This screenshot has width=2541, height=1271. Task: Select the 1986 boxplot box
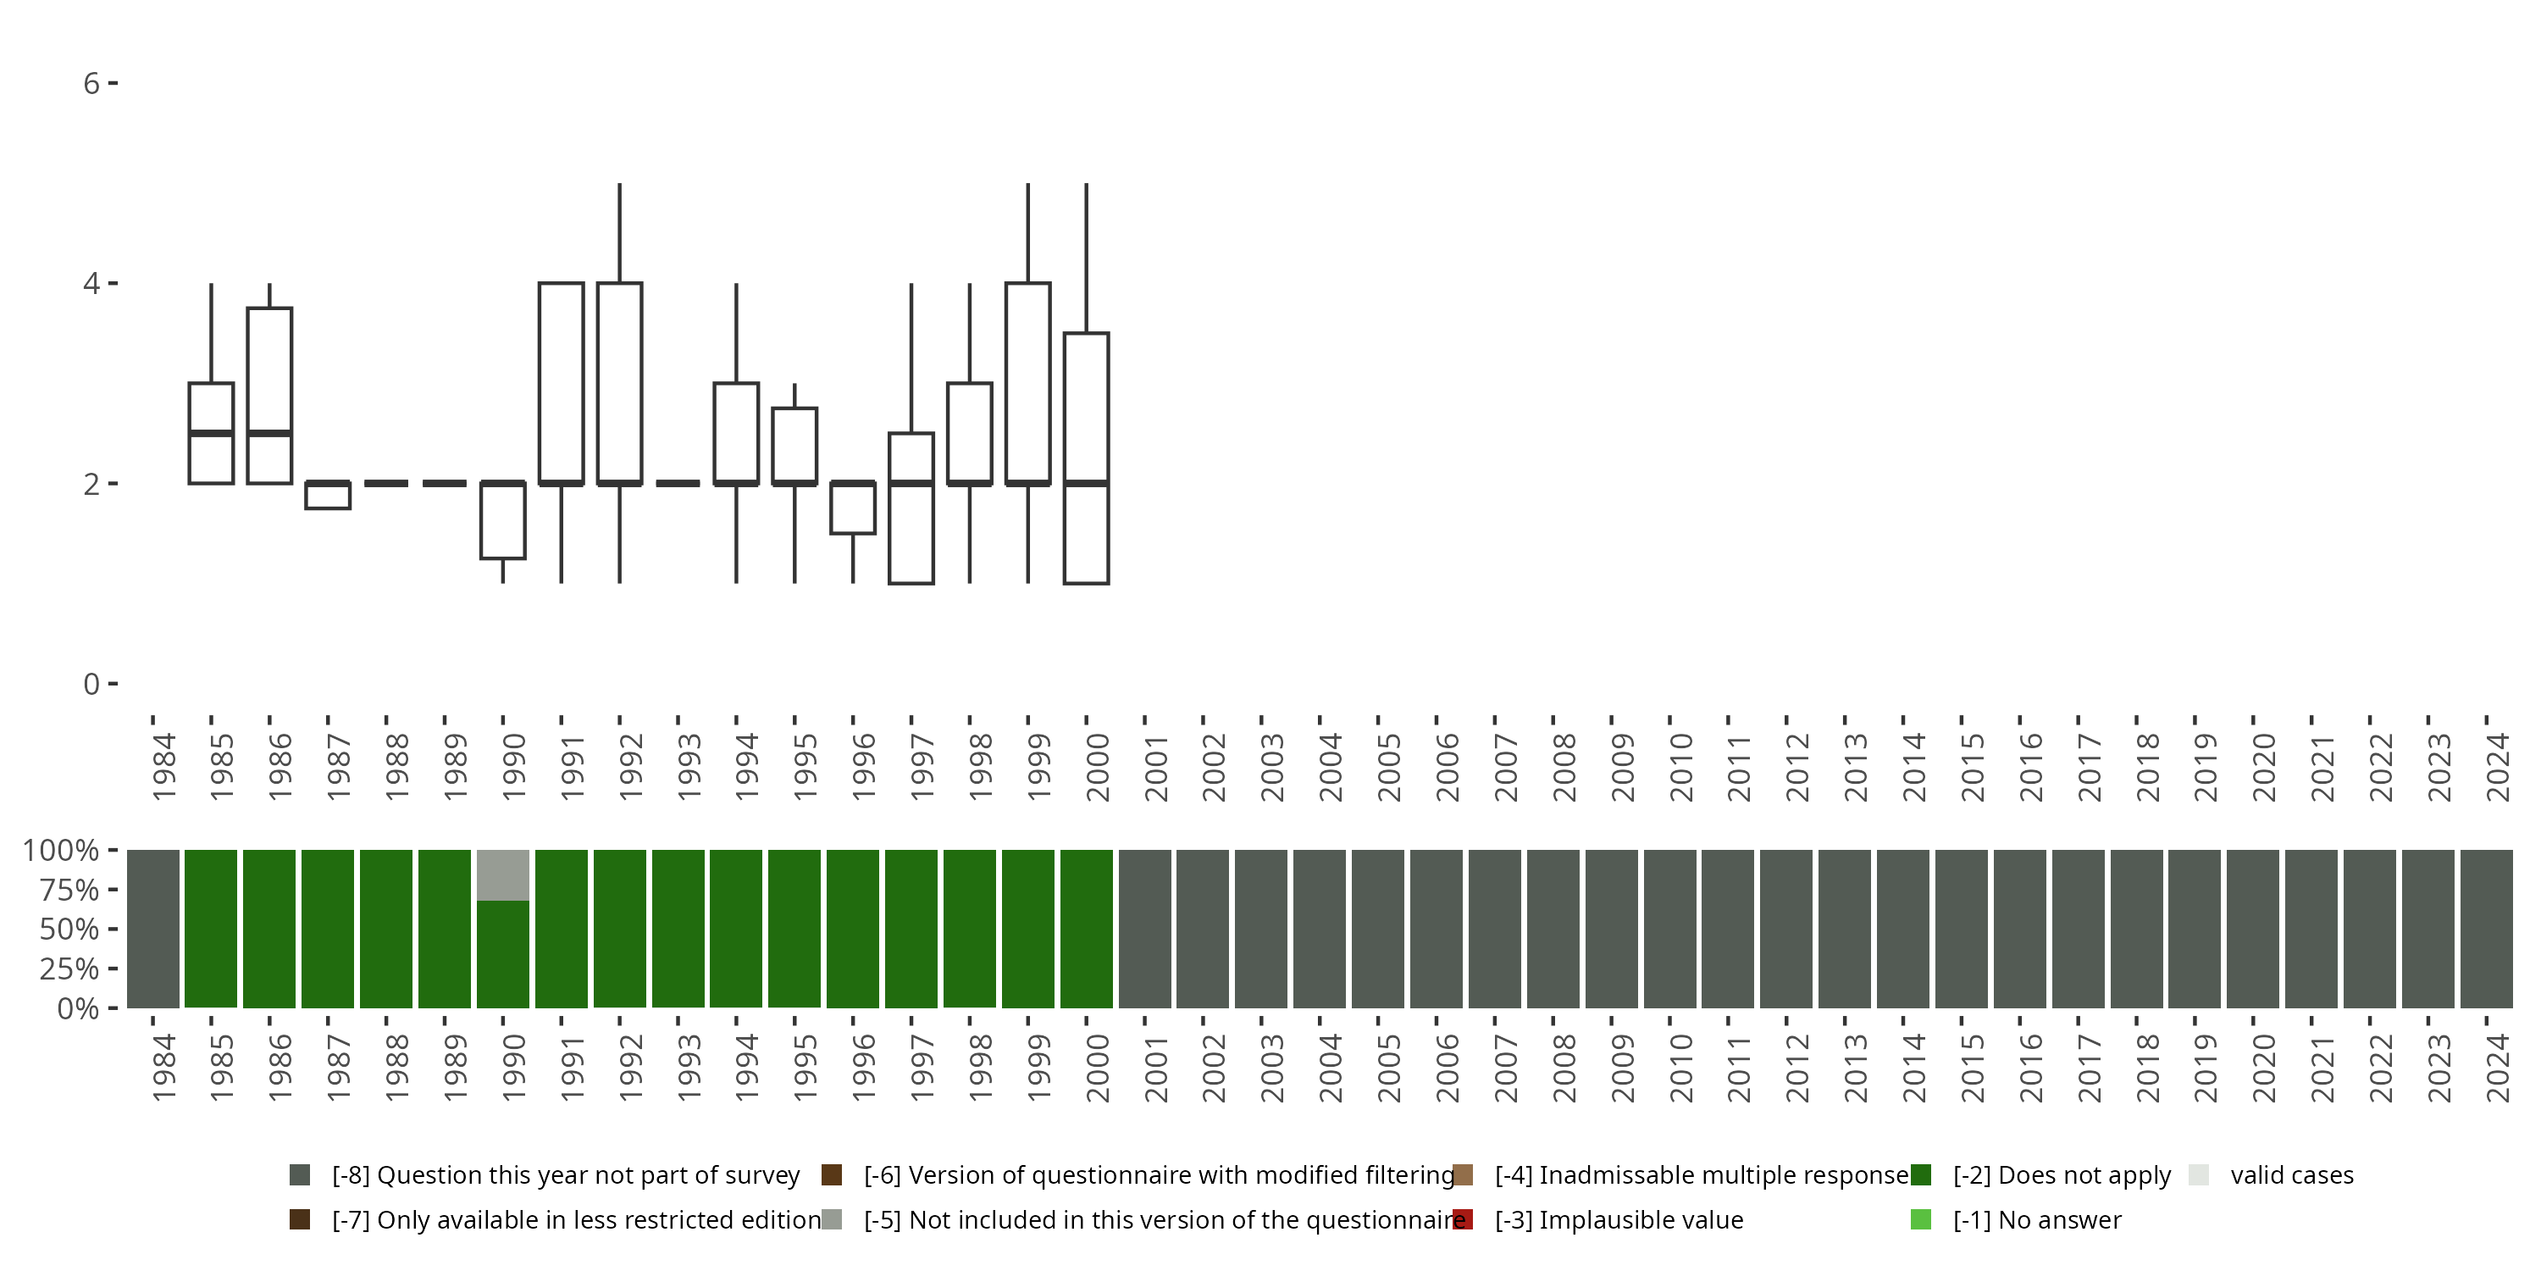269,395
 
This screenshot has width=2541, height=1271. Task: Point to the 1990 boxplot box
503,521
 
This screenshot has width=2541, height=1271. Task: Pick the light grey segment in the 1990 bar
503,875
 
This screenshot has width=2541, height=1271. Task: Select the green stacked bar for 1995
794,929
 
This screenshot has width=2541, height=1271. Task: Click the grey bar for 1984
153,929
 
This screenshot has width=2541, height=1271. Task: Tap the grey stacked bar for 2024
2486,929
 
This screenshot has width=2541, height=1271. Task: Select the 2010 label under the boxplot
1680,768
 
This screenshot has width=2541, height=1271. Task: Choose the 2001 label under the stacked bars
1155,1068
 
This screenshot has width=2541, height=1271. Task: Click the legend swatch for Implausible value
1463,1219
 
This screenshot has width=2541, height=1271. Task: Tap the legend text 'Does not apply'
2062,1175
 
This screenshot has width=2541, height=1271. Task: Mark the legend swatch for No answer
1920,1219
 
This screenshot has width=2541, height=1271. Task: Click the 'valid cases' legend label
2291,1175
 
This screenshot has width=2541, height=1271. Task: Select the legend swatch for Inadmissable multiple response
1463,1175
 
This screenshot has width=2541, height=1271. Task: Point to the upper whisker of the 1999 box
1028,233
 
